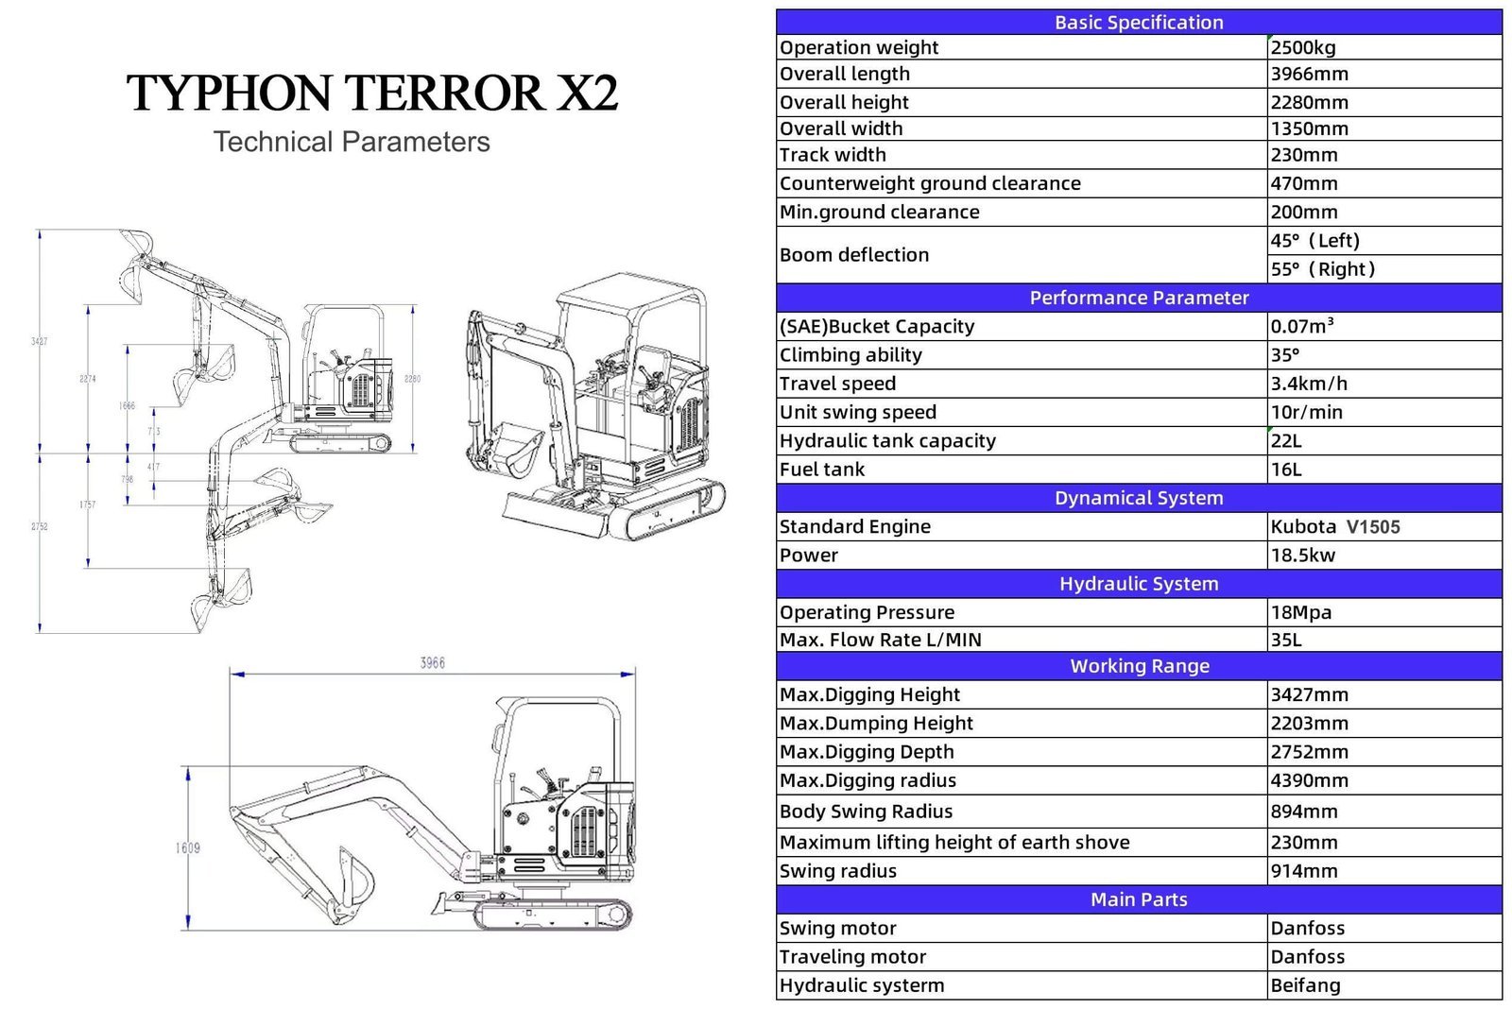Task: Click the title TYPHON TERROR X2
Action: pos(372,93)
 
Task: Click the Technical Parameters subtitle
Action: pos(352,142)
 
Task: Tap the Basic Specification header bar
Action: pos(1138,22)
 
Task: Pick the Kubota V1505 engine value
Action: pos(1334,527)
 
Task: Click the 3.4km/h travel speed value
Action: pos(1308,384)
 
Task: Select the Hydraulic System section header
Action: pos(1138,584)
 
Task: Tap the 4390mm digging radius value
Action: pos(1309,780)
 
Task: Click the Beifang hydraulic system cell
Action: pos(1305,985)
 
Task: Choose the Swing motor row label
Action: pos(837,929)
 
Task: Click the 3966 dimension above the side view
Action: pos(433,663)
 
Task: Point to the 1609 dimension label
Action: pos(187,847)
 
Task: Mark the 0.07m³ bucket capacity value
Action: pos(1301,327)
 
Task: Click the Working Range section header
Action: pos(1138,666)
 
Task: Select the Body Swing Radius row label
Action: pos(866,812)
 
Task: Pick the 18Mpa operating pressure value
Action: pos(1300,612)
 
